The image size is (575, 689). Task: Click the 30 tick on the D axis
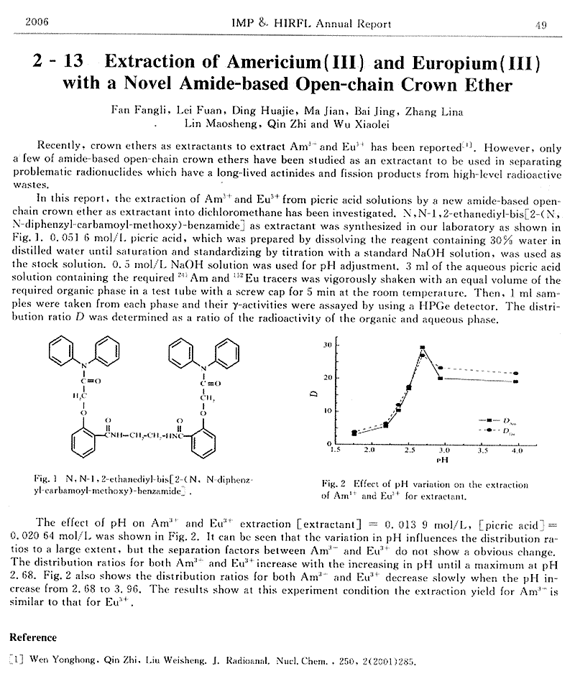coord(326,345)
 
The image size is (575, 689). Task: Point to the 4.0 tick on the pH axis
coord(517,450)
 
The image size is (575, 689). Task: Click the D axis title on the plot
coord(315,394)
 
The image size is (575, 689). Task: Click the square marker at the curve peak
coord(422,348)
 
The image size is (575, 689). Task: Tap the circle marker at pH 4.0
coord(516,374)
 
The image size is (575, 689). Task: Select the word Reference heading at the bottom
coord(32,637)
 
